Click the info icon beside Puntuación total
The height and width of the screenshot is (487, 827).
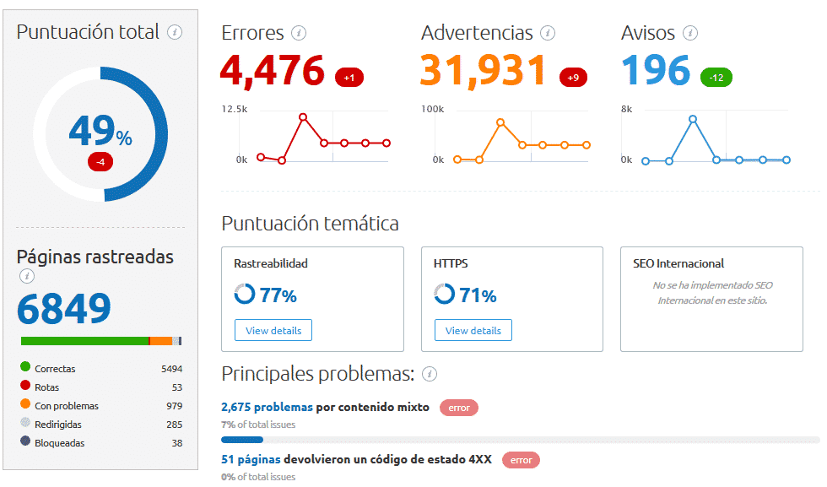(175, 33)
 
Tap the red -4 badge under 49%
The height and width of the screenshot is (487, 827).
(100, 161)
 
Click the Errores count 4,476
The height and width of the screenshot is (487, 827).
(273, 70)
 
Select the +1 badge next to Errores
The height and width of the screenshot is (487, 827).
(349, 78)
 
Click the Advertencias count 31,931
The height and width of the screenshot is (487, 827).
(484, 70)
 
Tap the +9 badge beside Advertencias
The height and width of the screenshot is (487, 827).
(573, 78)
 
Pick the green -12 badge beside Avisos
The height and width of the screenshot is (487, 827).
(716, 78)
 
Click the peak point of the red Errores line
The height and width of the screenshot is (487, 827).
(303, 116)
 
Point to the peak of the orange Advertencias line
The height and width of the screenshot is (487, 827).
(500, 122)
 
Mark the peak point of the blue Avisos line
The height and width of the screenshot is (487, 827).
(693, 119)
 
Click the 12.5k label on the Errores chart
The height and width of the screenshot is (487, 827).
(235, 109)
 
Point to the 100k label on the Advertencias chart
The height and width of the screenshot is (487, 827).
(432, 109)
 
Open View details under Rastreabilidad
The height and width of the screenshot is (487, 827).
(273, 330)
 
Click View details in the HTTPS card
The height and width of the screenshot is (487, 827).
(473, 330)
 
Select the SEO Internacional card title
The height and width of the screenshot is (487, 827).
(678, 263)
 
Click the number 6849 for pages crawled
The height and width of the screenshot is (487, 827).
(64, 310)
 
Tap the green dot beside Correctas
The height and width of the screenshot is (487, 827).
(25, 368)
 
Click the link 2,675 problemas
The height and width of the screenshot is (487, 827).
(267, 407)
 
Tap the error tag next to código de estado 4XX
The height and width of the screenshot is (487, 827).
(521, 460)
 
